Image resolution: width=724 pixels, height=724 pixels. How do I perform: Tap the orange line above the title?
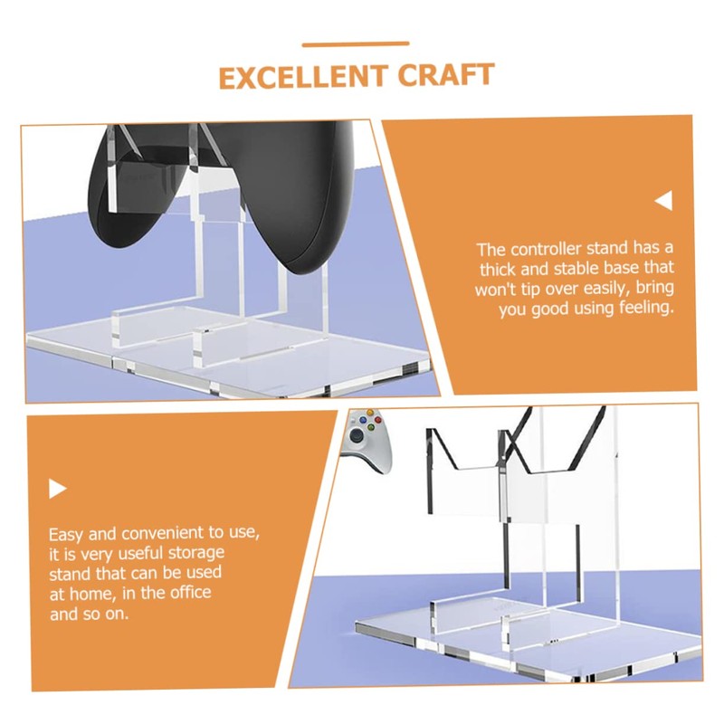tap(356, 43)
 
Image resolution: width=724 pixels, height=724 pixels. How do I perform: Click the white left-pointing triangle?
tap(664, 201)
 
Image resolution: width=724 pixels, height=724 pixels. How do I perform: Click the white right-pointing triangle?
tap(58, 490)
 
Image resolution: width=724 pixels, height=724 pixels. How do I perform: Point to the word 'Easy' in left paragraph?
tap(67, 534)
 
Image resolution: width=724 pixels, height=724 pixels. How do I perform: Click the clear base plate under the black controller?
tap(226, 357)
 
